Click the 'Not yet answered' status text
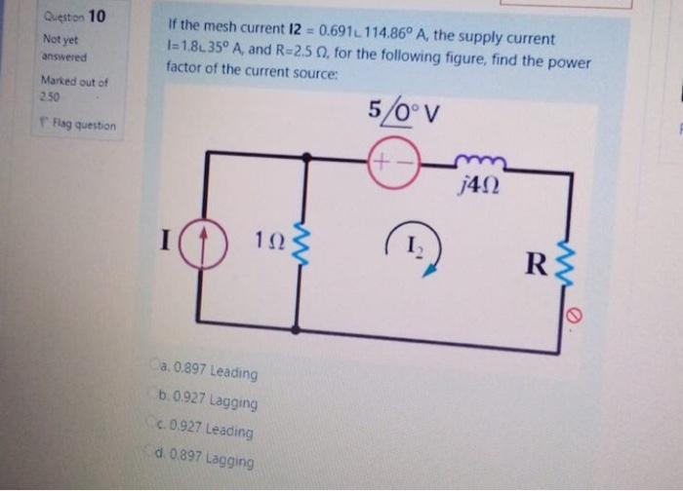click(x=61, y=48)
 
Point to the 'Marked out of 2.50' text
click(x=66, y=90)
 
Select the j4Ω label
click(x=479, y=182)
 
